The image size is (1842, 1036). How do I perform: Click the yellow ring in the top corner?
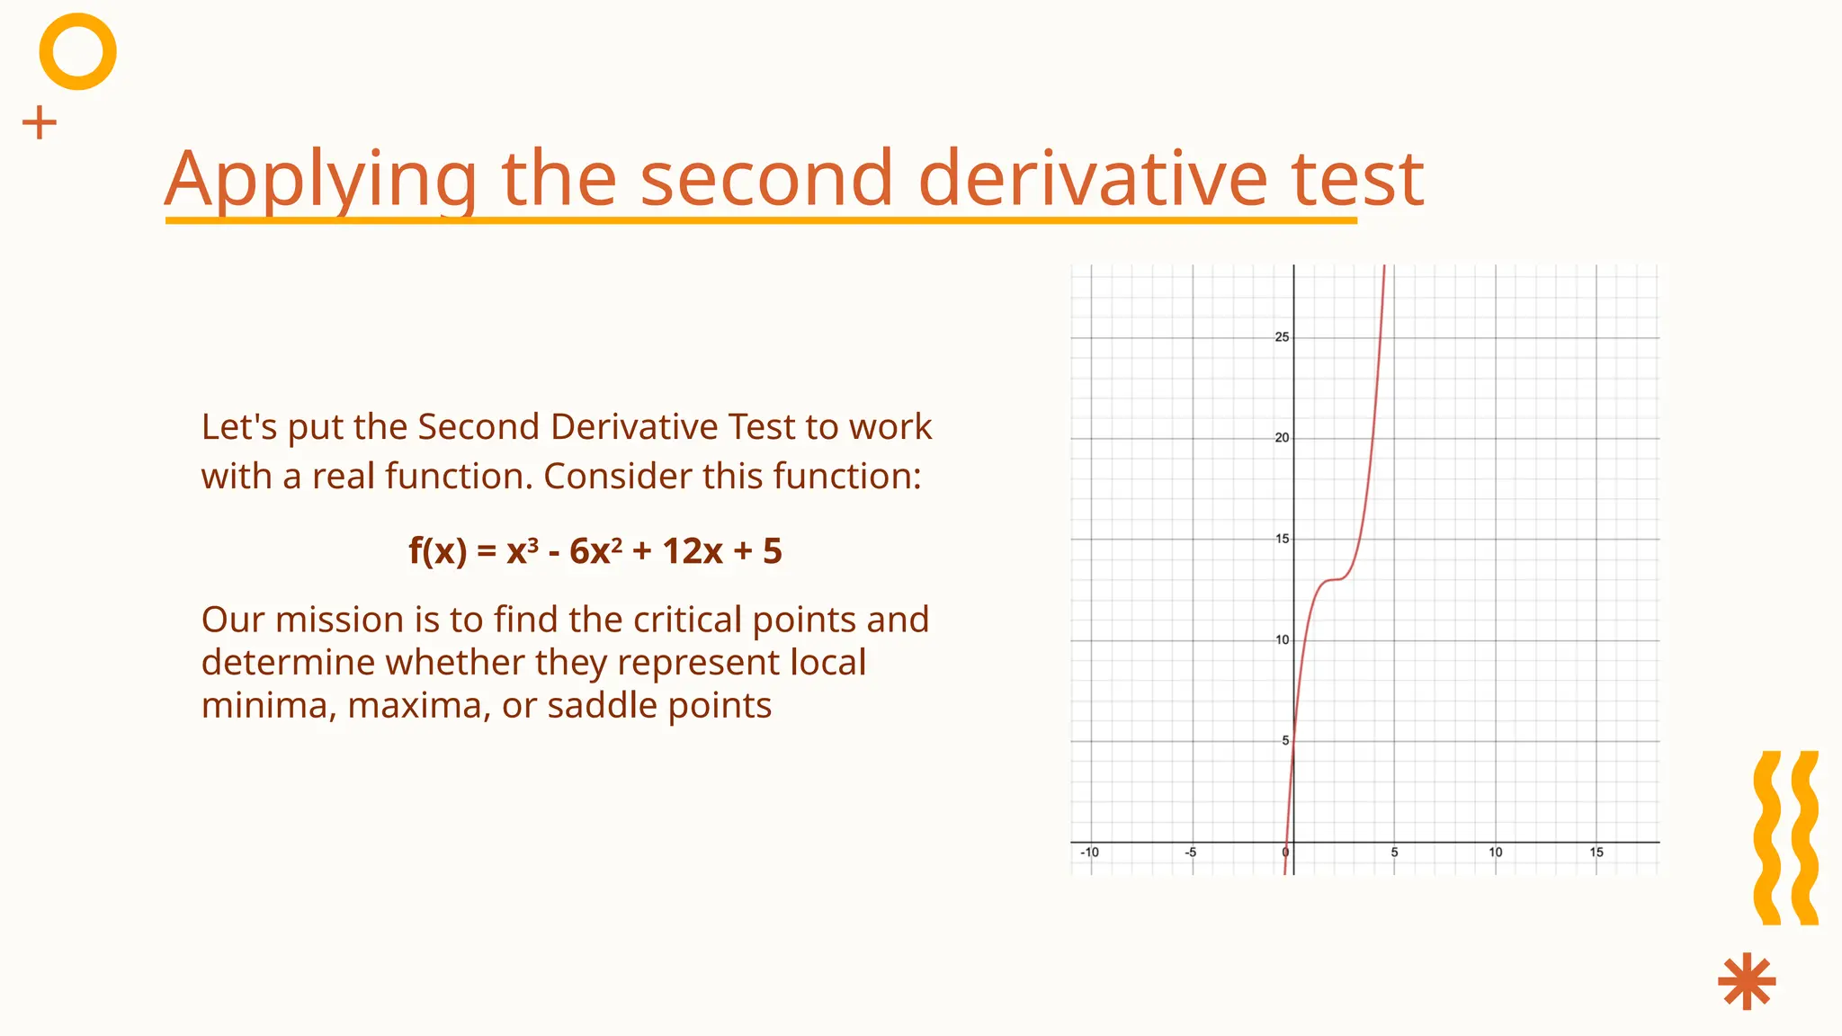point(78,51)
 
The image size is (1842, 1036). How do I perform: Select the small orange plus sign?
point(39,122)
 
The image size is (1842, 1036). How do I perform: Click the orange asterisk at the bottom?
point(1747,981)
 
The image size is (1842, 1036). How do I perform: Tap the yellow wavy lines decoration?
point(1786,838)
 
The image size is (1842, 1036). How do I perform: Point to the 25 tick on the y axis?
point(1282,337)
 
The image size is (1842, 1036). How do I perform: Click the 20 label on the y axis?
point(1282,438)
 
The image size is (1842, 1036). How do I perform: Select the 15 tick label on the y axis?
point(1282,539)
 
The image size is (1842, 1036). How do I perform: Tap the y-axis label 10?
point(1282,640)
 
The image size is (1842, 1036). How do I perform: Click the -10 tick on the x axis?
point(1089,852)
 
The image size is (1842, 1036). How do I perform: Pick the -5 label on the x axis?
point(1190,852)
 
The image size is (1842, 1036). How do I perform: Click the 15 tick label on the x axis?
point(1596,852)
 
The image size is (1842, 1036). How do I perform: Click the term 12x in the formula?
point(692,551)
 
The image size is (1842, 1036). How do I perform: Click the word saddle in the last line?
point(589,705)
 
